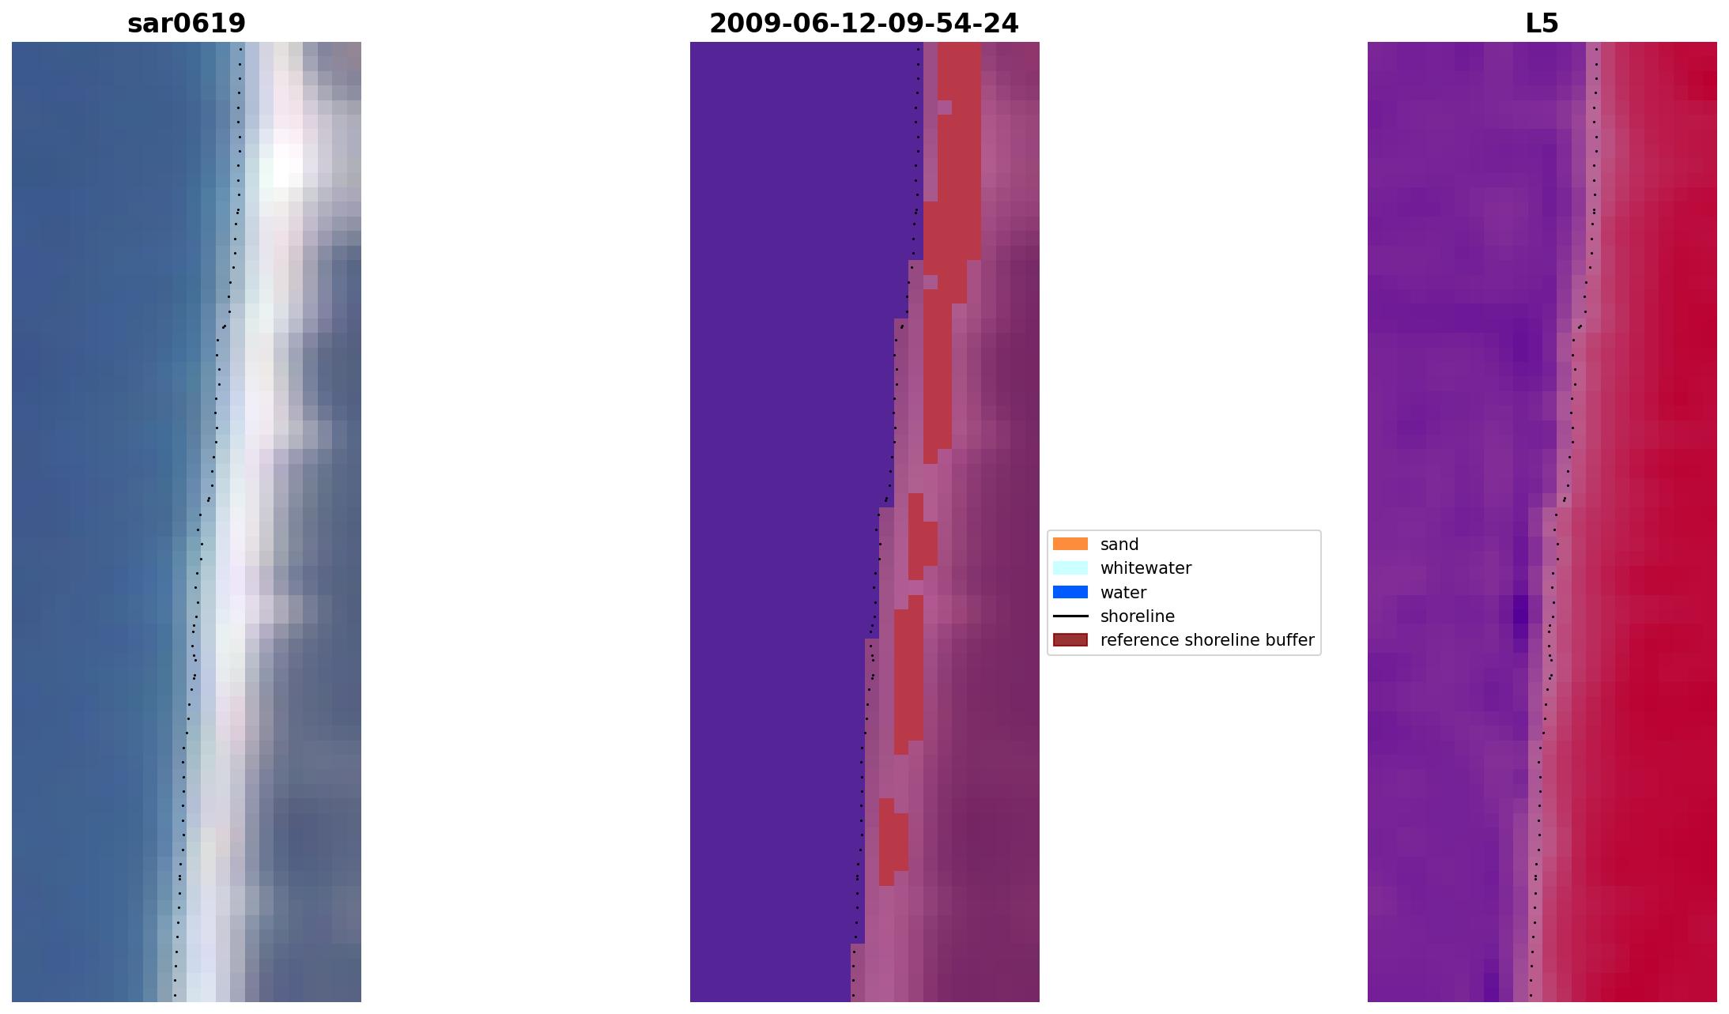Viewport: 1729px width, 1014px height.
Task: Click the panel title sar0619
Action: click(x=187, y=24)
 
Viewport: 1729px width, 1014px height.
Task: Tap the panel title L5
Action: click(x=1541, y=24)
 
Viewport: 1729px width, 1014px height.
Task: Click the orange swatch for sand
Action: click(x=1070, y=544)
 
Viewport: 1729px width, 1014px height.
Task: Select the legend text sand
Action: click(x=1119, y=545)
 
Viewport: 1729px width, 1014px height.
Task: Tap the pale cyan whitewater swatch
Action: click(x=1070, y=567)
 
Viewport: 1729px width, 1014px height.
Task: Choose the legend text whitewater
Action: click(x=1145, y=568)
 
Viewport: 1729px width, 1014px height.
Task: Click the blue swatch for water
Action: click(x=1070, y=592)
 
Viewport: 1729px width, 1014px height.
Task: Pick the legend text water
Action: click(x=1123, y=593)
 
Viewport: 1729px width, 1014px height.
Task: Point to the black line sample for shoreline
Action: click(x=1070, y=616)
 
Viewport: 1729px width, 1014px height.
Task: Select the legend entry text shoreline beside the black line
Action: click(x=1137, y=616)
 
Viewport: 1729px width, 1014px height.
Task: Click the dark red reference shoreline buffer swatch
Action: click(x=1070, y=639)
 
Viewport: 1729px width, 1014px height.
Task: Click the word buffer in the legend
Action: click(x=1289, y=640)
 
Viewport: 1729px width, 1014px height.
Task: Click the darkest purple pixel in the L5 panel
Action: click(x=1520, y=611)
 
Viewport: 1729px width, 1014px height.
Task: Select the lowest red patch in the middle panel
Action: click(x=893, y=842)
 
